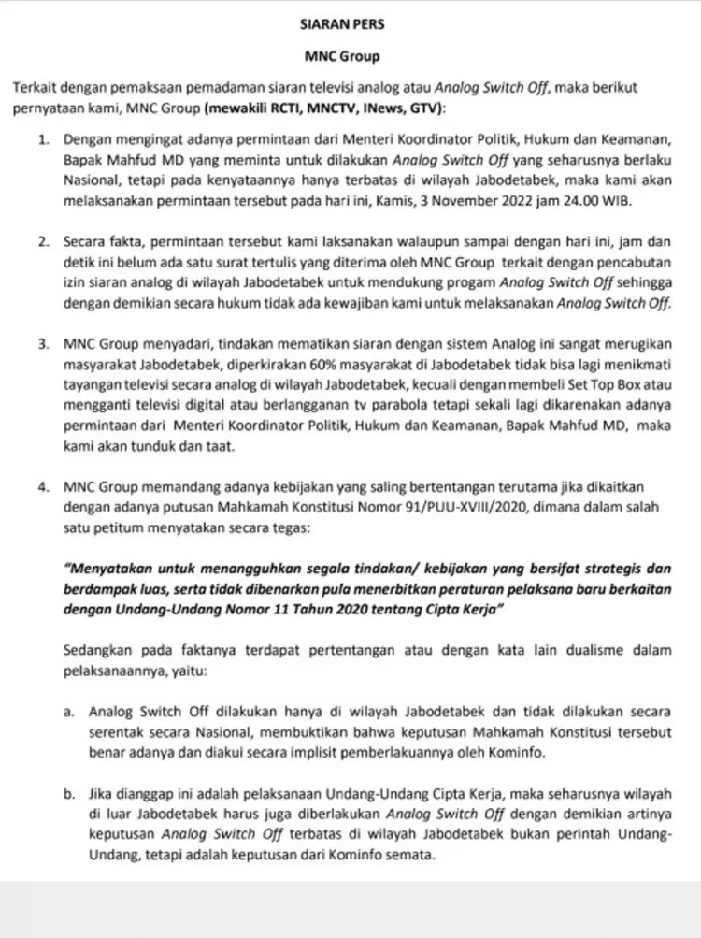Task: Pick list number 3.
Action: point(44,344)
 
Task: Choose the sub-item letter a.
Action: point(68,711)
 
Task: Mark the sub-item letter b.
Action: point(68,795)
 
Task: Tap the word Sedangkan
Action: point(99,649)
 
